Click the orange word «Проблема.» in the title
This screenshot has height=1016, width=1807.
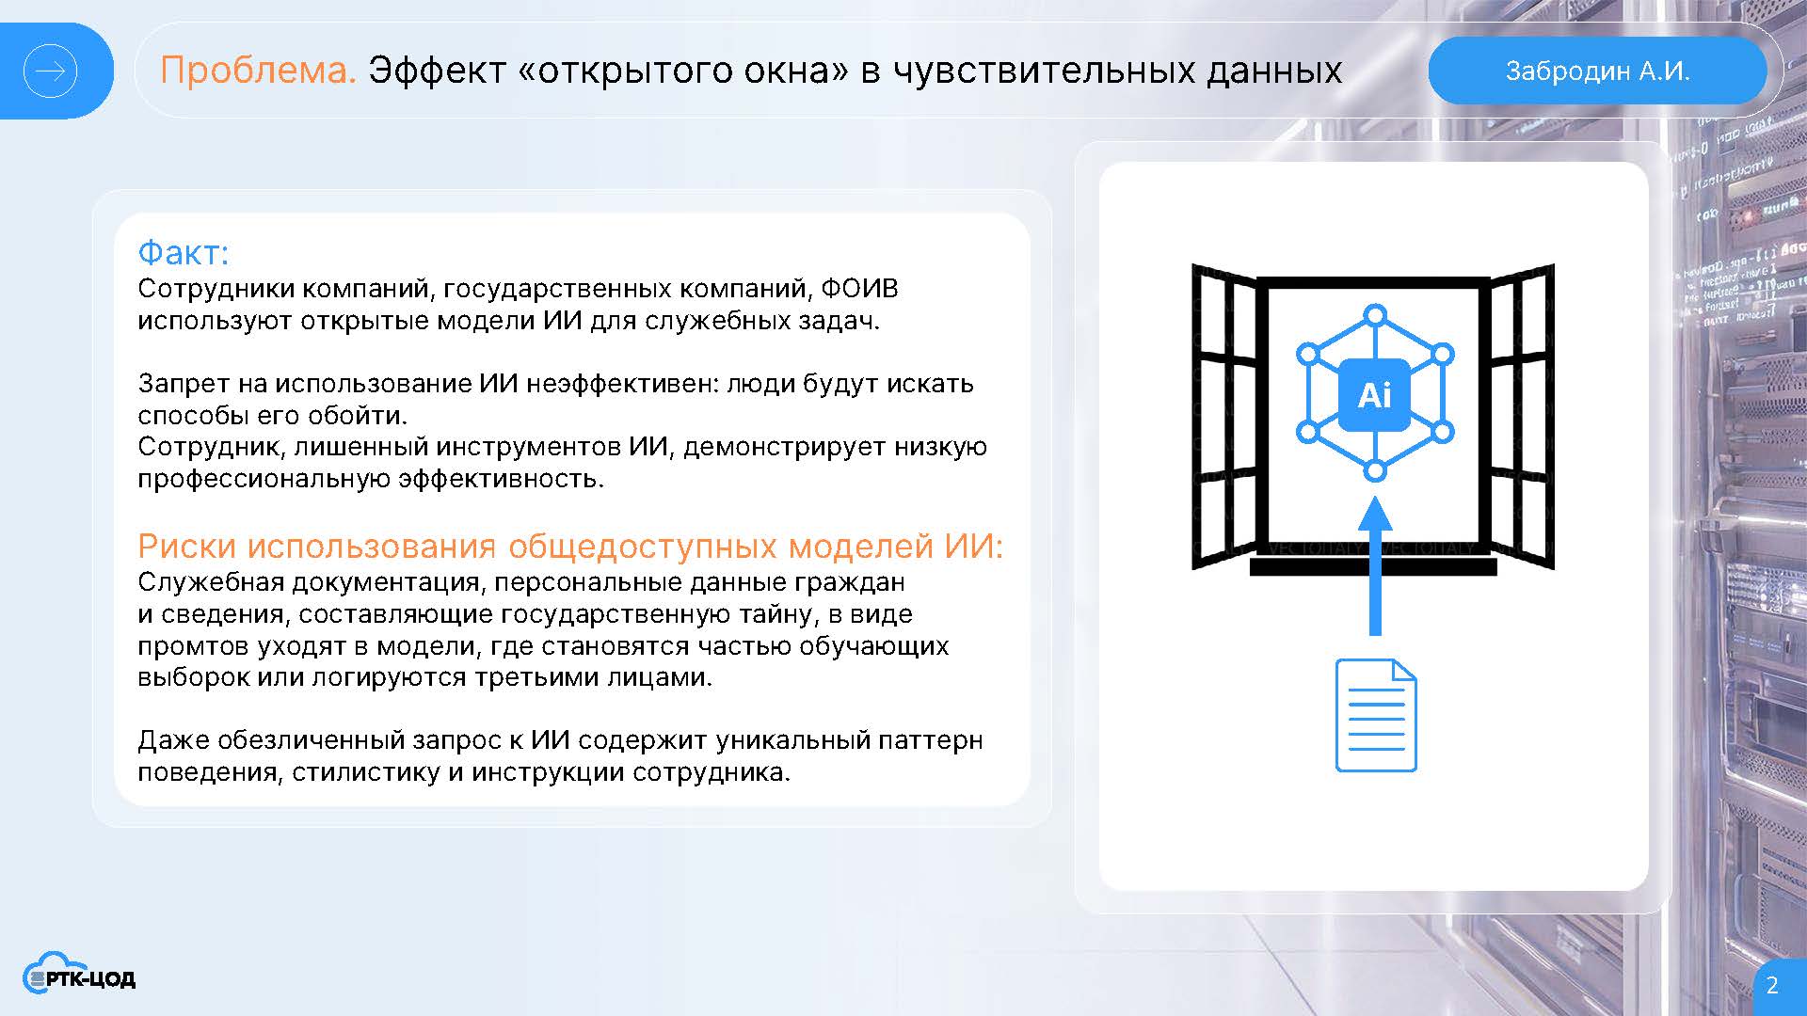click(x=258, y=71)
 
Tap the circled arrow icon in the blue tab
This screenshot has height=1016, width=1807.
click(x=50, y=71)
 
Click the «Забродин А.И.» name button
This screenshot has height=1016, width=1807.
click(x=1597, y=71)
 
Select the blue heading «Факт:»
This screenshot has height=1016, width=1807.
click(x=184, y=252)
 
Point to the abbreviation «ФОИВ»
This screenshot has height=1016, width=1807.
click(x=859, y=288)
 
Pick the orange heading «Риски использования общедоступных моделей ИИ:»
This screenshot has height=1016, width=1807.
click(x=570, y=546)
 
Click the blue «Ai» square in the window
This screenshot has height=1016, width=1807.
click(x=1374, y=395)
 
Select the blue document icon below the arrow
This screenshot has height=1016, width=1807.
click(x=1376, y=716)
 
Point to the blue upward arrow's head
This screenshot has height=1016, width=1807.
click(x=1375, y=514)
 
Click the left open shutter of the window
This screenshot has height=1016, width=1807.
click(x=1224, y=417)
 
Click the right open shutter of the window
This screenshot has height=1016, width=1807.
click(x=1521, y=417)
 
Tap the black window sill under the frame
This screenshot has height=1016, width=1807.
click(x=1373, y=567)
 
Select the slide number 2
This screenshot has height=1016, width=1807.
click(x=1772, y=985)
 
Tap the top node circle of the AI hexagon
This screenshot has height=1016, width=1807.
click(x=1375, y=315)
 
